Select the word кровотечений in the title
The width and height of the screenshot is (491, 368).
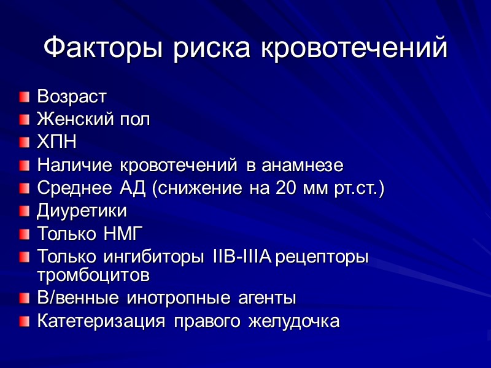click(x=355, y=48)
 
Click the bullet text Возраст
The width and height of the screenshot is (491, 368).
click(x=72, y=96)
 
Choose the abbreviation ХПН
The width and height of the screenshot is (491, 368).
click(x=57, y=142)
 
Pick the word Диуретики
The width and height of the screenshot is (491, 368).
click(x=82, y=211)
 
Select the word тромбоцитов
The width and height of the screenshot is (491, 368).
click(x=93, y=275)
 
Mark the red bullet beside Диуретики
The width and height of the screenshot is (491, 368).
click(x=24, y=212)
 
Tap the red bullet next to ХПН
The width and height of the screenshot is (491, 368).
click(x=24, y=143)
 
